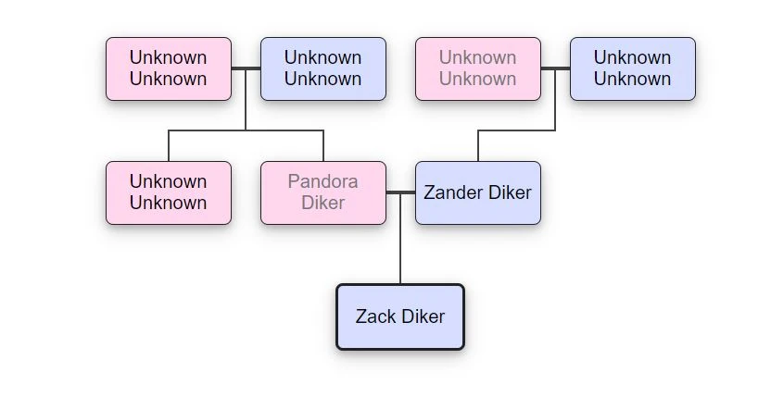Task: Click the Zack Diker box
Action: tap(399, 316)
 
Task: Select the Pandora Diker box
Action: tap(322, 192)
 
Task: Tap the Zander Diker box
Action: tap(477, 192)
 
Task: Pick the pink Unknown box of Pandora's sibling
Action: tap(168, 192)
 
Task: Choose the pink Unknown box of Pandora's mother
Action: tap(168, 68)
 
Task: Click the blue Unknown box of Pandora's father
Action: tap(322, 68)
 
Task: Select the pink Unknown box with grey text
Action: tap(477, 68)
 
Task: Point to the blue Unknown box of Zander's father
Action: tap(632, 68)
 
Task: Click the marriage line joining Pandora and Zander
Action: tap(400, 192)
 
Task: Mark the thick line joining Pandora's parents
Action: tap(246, 68)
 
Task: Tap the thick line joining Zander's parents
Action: tap(555, 68)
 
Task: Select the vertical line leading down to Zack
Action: tap(400, 241)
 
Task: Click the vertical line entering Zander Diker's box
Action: tap(478, 146)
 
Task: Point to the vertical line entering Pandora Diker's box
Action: tap(323, 146)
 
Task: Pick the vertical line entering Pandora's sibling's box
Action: tap(169, 146)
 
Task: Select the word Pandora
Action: tap(322, 181)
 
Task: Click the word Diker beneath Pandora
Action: tap(322, 203)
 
